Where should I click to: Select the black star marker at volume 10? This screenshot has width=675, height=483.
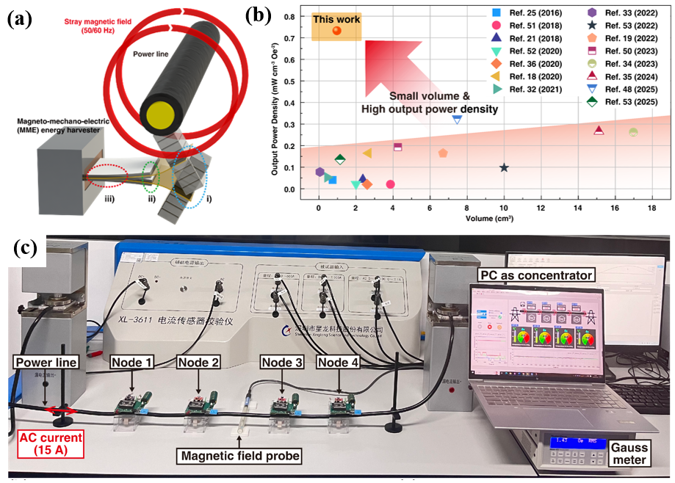pos(504,168)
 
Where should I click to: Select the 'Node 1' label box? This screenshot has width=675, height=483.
pos(131,362)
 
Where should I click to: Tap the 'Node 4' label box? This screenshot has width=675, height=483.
pos(339,362)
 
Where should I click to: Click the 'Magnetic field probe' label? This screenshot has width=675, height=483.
pos(242,456)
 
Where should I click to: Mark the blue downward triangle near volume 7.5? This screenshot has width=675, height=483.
pos(457,119)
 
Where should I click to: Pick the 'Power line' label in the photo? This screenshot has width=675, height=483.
pos(46,362)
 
